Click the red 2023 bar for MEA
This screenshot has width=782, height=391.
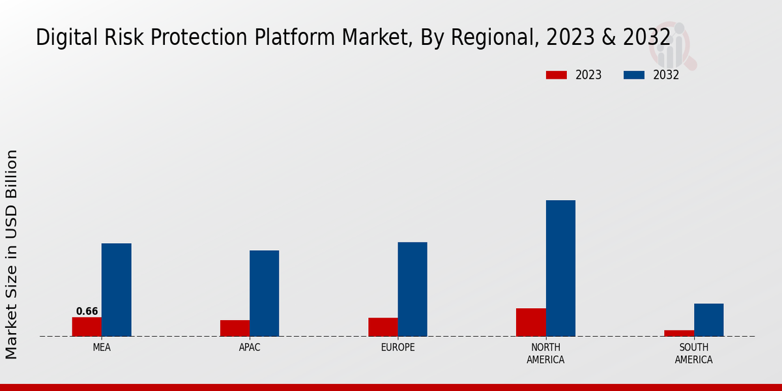[x=87, y=326]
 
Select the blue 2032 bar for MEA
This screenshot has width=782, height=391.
[x=116, y=290]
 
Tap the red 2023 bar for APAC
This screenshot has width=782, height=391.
[x=235, y=328]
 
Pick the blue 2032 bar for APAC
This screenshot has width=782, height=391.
[x=264, y=293]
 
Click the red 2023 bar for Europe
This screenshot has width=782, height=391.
[x=383, y=327]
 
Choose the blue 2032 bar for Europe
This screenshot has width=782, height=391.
[x=413, y=289]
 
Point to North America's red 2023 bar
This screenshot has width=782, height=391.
[x=530, y=322]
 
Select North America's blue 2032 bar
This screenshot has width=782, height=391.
[x=560, y=268]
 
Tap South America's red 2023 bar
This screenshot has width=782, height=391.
[x=679, y=333]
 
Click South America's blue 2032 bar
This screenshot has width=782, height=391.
[x=708, y=320]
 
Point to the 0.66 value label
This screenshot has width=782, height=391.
[x=87, y=311]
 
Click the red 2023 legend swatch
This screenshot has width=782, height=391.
[x=557, y=75]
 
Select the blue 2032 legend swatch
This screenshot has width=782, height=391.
[x=633, y=75]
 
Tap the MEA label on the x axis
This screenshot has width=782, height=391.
[x=102, y=347]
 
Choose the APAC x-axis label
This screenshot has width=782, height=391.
[x=250, y=347]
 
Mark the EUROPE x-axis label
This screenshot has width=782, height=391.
[x=398, y=347]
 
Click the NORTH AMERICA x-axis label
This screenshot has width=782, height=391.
[x=545, y=353]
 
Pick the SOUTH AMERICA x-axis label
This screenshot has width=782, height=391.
[x=693, y=353]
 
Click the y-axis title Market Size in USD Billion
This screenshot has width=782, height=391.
[x=12, y=254]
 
